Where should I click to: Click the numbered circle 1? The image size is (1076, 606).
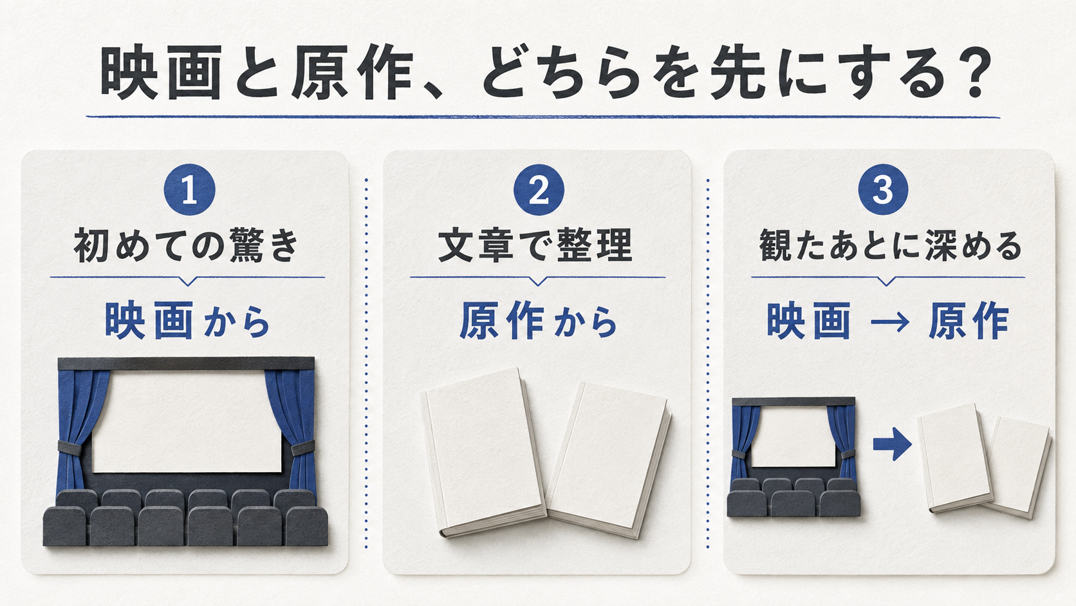pos(189,190)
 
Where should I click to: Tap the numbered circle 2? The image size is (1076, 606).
pos(539,190)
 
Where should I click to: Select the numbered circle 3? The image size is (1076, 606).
pos(883,190)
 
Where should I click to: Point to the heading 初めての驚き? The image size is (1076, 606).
pos(187,245)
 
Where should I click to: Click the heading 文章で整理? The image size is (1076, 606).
pos(535,245)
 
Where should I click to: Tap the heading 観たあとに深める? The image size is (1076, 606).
pos(890,245)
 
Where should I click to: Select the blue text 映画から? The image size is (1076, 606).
pos(187,321)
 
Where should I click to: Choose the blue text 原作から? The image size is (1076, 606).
pos(538,321)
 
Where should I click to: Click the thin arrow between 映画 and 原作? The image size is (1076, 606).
pos(889,321)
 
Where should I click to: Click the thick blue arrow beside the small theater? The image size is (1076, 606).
pos(892,444)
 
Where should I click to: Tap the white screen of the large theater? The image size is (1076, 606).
pos(187,421)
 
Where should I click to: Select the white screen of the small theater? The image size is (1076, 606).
pos(793,437)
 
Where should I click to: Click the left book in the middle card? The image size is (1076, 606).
pos(483,451)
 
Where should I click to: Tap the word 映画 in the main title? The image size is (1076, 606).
pos(162,72)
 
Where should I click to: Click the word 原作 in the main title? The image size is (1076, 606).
pos(353,72)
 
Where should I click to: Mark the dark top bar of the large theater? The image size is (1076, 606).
pos(186,363)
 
